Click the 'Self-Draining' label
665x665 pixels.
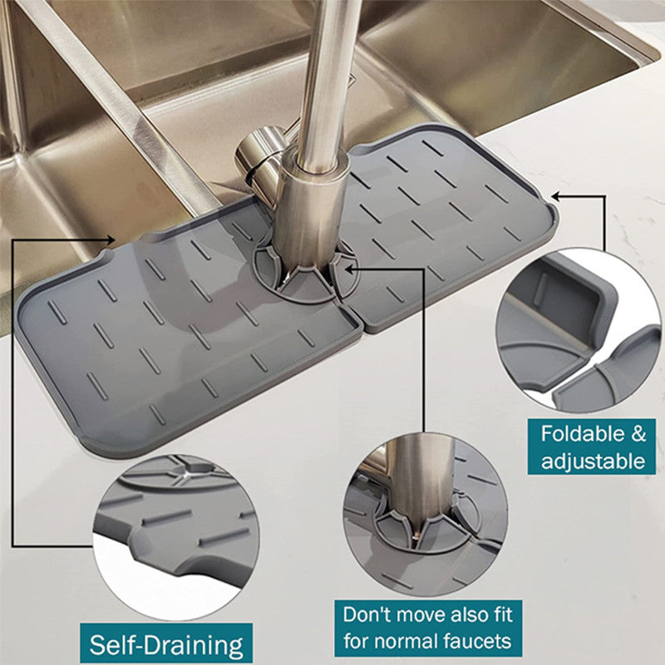(x=166, y=643)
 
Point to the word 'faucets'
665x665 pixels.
(x=480, y=642)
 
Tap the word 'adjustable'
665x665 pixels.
(x=593, y=461)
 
